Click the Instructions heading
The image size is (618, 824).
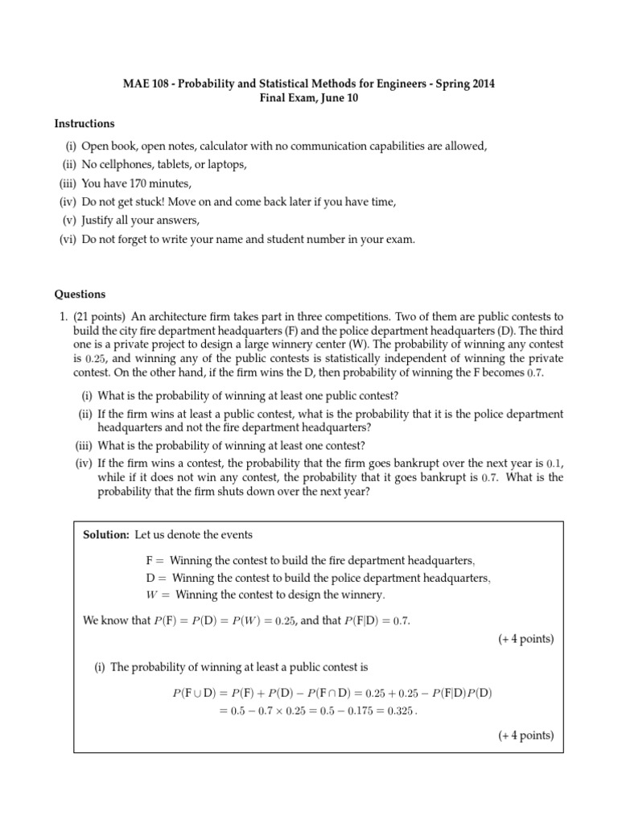click(84, 123)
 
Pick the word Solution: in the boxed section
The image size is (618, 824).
click(106, 535)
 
